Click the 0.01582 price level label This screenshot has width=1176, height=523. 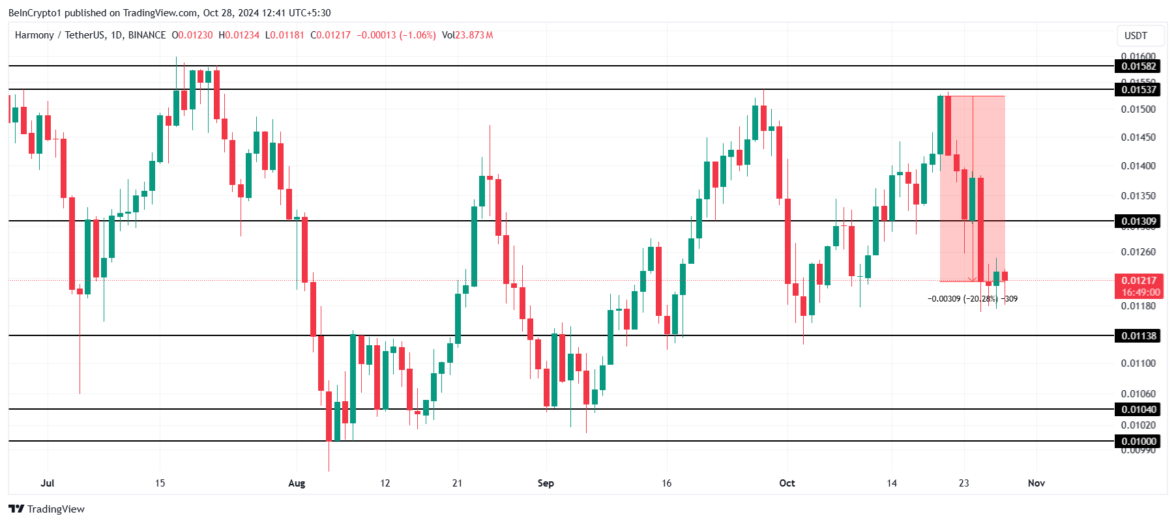1139,66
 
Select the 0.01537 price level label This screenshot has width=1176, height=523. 1139,89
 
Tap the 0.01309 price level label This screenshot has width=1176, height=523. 1139,221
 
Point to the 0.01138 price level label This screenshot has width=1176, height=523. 1139,336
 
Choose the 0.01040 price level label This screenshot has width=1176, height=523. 1139,410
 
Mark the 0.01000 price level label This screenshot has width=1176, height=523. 1139,442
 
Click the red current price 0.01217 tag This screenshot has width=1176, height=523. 1139,281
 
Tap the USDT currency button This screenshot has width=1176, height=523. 1136,36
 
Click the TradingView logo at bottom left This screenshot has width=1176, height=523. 47,509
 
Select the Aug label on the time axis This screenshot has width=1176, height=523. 297,483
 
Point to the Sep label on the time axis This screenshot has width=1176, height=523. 546,483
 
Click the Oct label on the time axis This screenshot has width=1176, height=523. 787,483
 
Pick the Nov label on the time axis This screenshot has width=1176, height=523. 1036,483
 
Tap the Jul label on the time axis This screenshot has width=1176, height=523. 47,483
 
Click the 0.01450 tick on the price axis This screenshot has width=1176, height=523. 1138,137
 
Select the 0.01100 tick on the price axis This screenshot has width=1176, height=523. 1138,363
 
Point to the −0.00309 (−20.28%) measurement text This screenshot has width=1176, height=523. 962,299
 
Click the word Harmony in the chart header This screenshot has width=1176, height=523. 34,35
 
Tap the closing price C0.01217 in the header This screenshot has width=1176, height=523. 331,35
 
